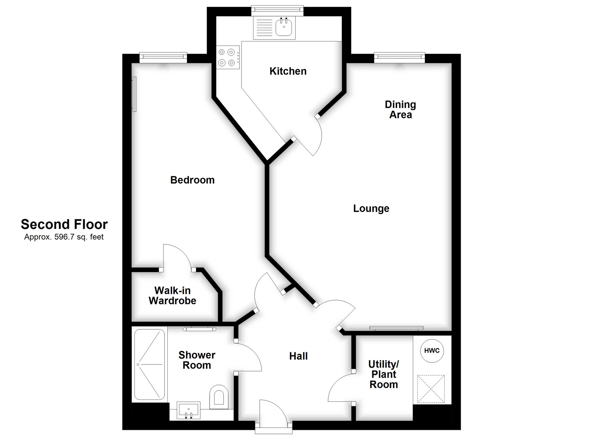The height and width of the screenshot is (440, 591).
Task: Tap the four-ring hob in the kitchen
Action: click(x=228, y=57)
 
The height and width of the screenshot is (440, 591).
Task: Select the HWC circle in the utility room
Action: click(x=432, y=351)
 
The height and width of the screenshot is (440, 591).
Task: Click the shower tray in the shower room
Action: click(x=149, y=365)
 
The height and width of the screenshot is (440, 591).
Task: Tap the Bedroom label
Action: click(x=192, y=180)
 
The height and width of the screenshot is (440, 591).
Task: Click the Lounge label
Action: click(x=371, y=208)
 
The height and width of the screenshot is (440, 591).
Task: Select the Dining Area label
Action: click(x=401, y=110)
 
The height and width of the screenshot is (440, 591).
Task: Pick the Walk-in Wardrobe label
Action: click(x=172, y=296)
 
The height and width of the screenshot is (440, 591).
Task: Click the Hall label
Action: click(x=298, y=356)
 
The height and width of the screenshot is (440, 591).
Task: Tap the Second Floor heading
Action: click(x=64, y=224)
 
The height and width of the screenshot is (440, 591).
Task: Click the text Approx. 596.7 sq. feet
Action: click(x=64, y=237)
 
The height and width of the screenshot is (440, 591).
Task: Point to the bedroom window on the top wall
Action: click(x=163, y=58)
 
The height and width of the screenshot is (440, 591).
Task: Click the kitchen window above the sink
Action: click(x=277, y=11)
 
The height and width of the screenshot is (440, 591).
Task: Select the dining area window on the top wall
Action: click(x=400, y=58)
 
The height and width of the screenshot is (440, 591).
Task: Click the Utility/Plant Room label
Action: click(x=384, y=374)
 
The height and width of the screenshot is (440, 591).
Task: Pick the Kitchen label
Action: click(x=288, y=71)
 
